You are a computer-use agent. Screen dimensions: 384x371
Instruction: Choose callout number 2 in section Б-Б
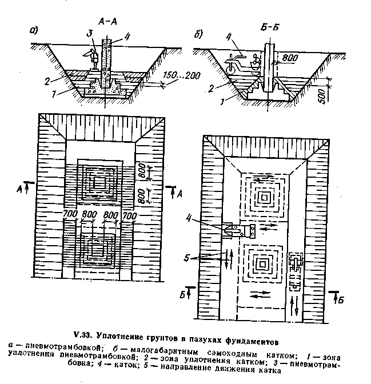click(x=213, y=88)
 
